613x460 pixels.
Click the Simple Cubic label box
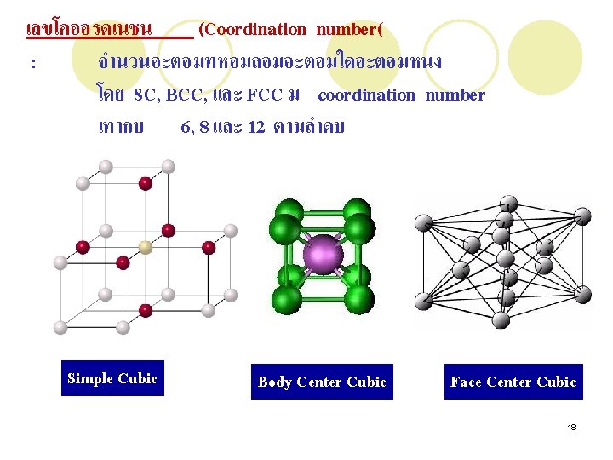coord(112,379)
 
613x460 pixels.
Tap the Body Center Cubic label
coord(322,382)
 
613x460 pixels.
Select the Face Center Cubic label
coord(513,382)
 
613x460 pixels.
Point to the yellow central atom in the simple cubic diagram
coord(146,247)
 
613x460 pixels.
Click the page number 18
coord(572,426)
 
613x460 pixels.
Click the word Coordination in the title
coord(255,30)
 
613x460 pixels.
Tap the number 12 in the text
coord(256,127)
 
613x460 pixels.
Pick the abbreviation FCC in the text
coord(264,95)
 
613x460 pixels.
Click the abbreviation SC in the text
coord(145,95)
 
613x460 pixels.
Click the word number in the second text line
coord(455,95)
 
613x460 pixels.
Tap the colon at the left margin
coord(32,63)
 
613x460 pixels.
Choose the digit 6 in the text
coord(185,127)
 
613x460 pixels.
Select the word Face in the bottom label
coord(467,382)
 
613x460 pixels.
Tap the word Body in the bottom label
coord(275,382)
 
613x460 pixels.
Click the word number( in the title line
coord(349,30)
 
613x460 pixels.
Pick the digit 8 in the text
coord(204,127)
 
